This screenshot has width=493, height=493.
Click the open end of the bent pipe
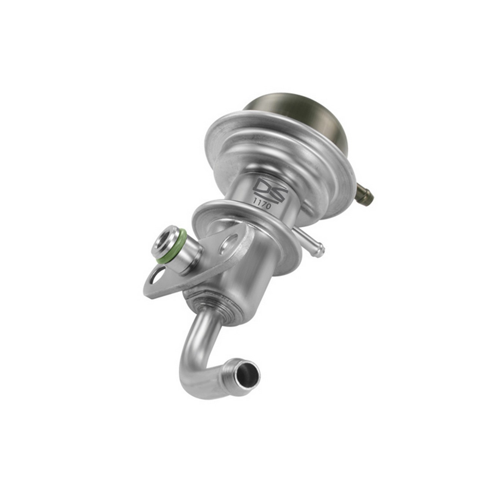(x=247, y=373)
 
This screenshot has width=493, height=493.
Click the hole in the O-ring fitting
(x=164, y=243)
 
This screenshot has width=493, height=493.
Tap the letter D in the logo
(x=263, y=187)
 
